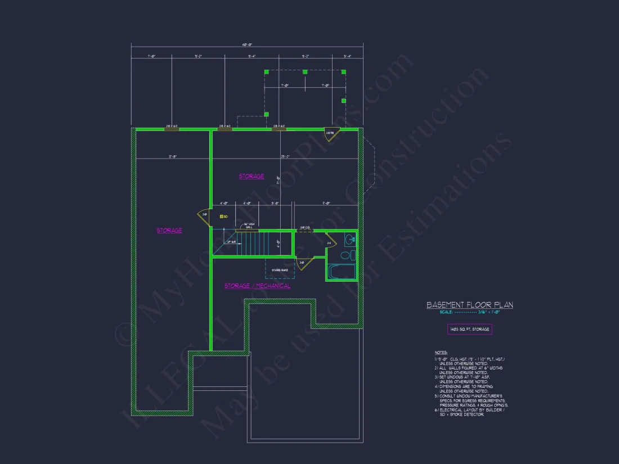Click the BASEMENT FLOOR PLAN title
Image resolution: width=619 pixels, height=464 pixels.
(469, 305)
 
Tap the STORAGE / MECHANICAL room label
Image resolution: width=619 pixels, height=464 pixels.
(258, 286)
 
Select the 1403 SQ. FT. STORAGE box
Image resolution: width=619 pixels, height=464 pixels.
(469, 329)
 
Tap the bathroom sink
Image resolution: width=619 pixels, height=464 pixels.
(350, 239)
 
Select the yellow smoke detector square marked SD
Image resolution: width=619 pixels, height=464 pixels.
(221, 217)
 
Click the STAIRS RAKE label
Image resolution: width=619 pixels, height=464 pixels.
(280, 270)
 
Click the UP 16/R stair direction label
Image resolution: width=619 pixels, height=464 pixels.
(231, 242)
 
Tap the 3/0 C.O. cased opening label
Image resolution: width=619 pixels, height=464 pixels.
(305, 228)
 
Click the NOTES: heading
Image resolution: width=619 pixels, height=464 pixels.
(441, 353)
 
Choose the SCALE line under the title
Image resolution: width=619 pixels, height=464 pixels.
(460, 312)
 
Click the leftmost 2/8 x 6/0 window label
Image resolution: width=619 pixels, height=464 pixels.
(172, 126)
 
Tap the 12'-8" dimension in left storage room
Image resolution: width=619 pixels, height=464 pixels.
(172, 156)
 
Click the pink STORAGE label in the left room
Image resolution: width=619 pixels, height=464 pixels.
(169, 230)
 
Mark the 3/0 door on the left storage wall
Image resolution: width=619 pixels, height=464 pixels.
(203, 214)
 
